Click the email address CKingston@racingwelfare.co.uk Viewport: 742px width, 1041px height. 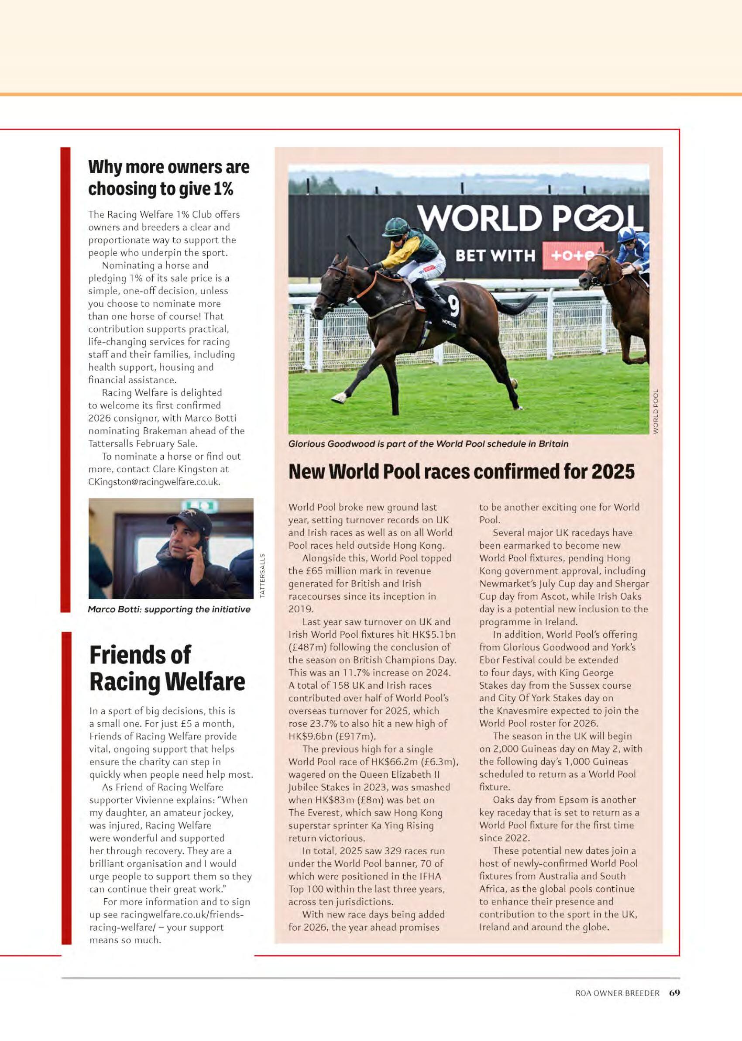pos(154,482)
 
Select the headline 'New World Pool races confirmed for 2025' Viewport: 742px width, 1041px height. pos(461,471)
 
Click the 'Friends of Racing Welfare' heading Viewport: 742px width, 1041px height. pos(167,668)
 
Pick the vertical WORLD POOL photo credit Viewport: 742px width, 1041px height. pos(656,411)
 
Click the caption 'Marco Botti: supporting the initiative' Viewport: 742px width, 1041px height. pos(169,609)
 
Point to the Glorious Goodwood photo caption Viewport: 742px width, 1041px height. pos(428,443)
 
